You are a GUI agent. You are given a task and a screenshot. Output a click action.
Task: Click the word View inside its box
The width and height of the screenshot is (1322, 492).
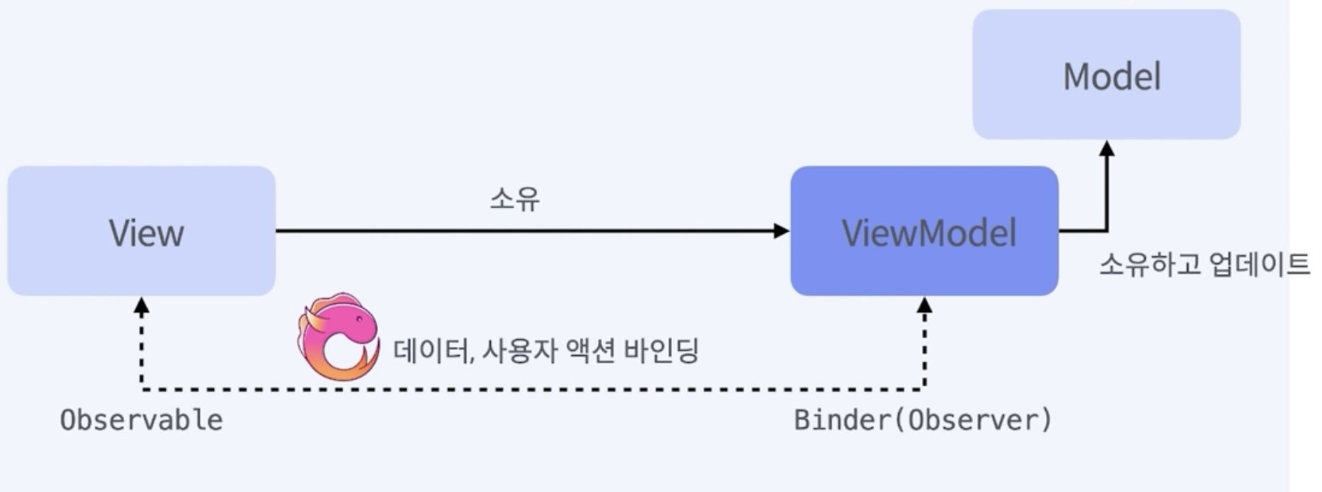coord(146,233)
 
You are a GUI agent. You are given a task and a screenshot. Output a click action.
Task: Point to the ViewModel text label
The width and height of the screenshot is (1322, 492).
coord(929,233)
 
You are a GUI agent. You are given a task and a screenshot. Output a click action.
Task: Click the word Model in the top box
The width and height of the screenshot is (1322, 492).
coord(1112,76)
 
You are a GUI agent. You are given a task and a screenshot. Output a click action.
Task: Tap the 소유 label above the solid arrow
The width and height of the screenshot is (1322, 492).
coord(514,199)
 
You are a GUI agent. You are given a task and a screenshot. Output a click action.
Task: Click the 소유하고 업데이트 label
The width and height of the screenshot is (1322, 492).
coord(1204,265)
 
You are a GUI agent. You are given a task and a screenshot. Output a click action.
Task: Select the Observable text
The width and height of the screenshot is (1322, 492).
coord(141,420)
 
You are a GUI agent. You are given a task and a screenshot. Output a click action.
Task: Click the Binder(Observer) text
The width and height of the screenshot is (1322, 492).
coord(922,420)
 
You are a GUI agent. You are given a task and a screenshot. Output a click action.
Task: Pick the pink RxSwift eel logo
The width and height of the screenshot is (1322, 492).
coord(338,336)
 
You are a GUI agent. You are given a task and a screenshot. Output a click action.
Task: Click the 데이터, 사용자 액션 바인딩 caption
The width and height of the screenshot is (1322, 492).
coord(546,350)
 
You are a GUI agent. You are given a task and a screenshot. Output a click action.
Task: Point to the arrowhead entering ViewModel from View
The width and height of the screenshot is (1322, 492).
coord(782,230)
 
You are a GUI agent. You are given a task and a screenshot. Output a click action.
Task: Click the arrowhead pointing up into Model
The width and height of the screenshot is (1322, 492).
coord(1107,148)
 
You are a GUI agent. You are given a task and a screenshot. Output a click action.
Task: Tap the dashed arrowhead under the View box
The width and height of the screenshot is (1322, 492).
coord(141,307)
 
